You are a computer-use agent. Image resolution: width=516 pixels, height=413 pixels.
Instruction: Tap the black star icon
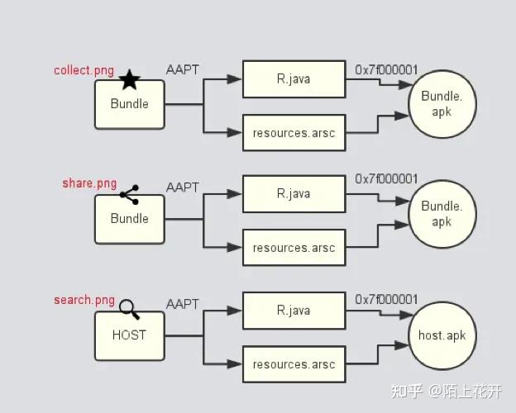coord(130,80)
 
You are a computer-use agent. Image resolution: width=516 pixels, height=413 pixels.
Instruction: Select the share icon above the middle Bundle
coord(129,195)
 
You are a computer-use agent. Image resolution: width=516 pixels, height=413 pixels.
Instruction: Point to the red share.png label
coord(89,183)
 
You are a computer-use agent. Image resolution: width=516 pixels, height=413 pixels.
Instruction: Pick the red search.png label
coord(84,299)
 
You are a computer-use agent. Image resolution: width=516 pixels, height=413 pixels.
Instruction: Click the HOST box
coord(129,335)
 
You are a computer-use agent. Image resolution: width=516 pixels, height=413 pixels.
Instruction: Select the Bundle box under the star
coord(129,104)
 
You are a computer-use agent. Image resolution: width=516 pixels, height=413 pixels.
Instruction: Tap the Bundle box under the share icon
coord(129,219)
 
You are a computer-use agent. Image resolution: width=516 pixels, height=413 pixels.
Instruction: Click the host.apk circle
coord(442,336)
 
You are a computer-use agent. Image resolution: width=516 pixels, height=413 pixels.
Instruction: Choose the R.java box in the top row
coord(294,79)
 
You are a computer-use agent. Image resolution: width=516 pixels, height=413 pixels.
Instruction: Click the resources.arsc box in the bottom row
coord(294,363)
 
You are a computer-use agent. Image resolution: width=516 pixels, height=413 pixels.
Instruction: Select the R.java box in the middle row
coord(294,193)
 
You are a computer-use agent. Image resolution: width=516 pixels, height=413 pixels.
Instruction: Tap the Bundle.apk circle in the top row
coord(442,104)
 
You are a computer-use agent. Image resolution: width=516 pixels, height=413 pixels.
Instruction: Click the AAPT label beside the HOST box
coord(183,303)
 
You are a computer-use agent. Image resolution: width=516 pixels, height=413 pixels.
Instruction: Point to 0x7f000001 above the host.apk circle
coord(386,299)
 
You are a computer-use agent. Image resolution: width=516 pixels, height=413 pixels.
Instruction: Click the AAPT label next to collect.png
coord(183,69)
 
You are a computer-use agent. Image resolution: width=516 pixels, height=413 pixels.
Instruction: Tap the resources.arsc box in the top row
coord(294,133)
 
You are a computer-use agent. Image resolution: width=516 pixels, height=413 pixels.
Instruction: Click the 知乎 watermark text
coord(408,391)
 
